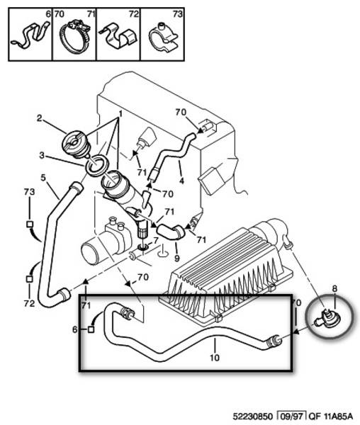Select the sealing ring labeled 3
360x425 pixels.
(x=97, y=164)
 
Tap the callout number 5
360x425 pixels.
(x=43, y=178)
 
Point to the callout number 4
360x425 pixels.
(x=181, y=181)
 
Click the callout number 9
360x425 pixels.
(x=176, y=258)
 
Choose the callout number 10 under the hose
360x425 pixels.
(x=215, y=358)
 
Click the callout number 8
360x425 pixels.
(x=334, y=289)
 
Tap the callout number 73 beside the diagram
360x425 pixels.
(x=29, y=192)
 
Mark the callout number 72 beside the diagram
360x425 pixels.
(x=29, y=303)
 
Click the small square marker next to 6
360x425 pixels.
(x=91, y=329)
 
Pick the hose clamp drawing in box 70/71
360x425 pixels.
(x=74, y=36)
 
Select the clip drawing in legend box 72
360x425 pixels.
(x=118, y=37)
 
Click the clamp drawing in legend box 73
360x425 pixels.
(x=163, y=38)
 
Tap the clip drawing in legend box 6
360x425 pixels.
(x=30, y=35)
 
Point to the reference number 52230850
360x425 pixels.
(x=252, y=416)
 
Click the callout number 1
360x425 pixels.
(x=120, y=113)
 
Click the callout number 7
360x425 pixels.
(x=155, y=240)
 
